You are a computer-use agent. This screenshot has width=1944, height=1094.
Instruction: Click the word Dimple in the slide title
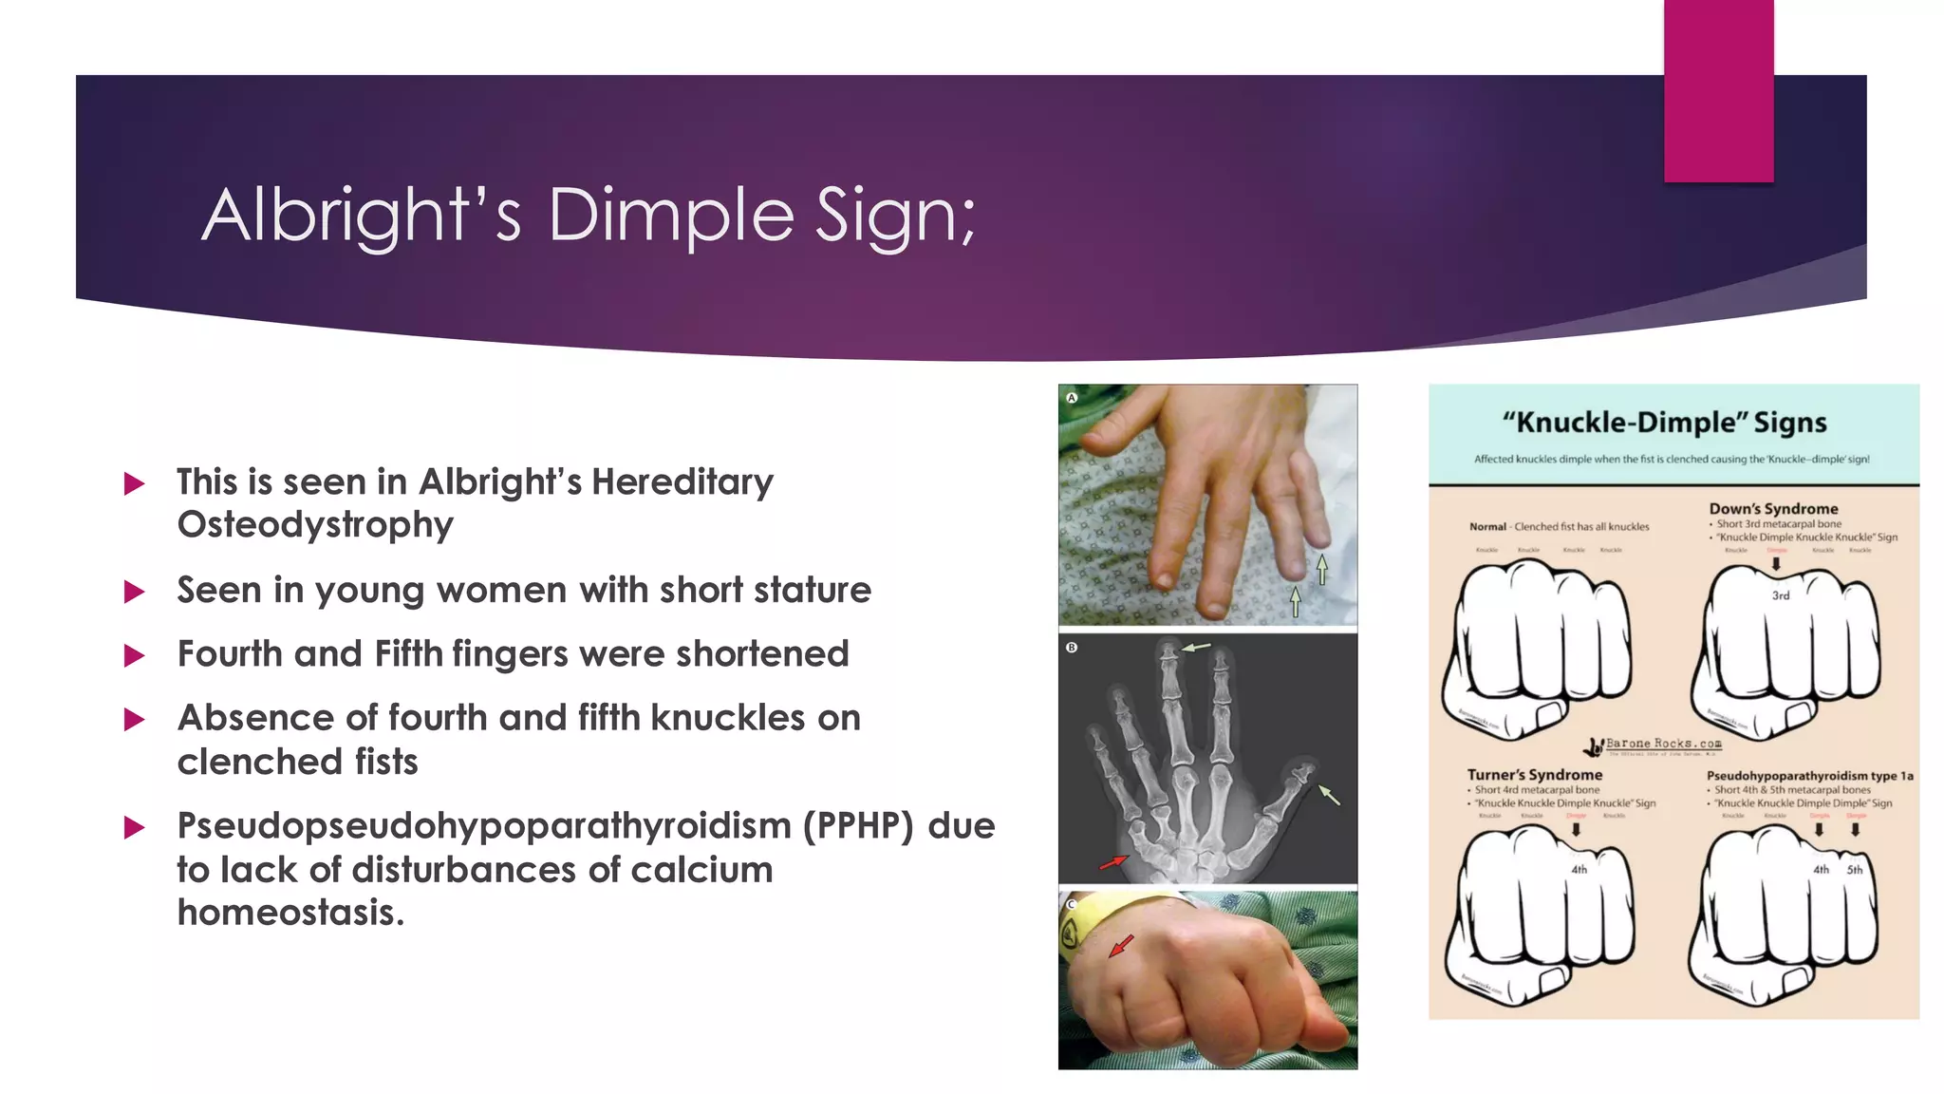pyautogui.click(x=670, y=215)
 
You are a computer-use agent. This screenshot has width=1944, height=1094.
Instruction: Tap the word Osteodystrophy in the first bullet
pyautogui.click(x=315, y=525)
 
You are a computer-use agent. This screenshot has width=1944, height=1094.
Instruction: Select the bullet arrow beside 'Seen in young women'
pyautogui.click(x=135, y=593)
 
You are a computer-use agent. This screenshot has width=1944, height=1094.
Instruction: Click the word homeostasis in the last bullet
pyautogui.click(x=290, y=913)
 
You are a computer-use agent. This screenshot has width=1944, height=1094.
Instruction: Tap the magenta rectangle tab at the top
pyautogui.click(x=1718, y=90)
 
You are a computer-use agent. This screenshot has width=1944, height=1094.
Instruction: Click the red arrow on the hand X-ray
pyautogui.click(x=1112, y=862)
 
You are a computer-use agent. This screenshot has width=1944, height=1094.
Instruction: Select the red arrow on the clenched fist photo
pyautogui.click(x=1121, y=945)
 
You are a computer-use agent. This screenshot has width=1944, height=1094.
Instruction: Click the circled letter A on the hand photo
pyautogui.click(x=1072, y=398)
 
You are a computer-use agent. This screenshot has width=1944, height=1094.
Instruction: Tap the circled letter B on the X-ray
pyautogui.click(x=1072, y=648)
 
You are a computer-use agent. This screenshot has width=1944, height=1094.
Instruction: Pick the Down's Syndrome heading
pyautogui.click(x=1773, y=509)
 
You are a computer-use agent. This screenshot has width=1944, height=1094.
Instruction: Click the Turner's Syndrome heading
pyautogui.click(x=1534, y=775)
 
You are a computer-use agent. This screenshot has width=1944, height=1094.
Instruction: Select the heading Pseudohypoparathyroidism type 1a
pyautogui.click(x=1809, y=776)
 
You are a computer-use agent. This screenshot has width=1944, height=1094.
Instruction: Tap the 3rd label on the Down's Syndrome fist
pyautogui.click(x=1781, y=595)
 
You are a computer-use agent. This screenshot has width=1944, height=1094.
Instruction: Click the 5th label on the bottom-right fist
pyautogui.click(x=1855, y=869)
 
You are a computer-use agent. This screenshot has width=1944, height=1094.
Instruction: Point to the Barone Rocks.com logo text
pyautogui.click(x=1662, y=744)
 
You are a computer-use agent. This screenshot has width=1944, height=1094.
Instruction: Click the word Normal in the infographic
pyautogui.click(x=1487, y=527)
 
